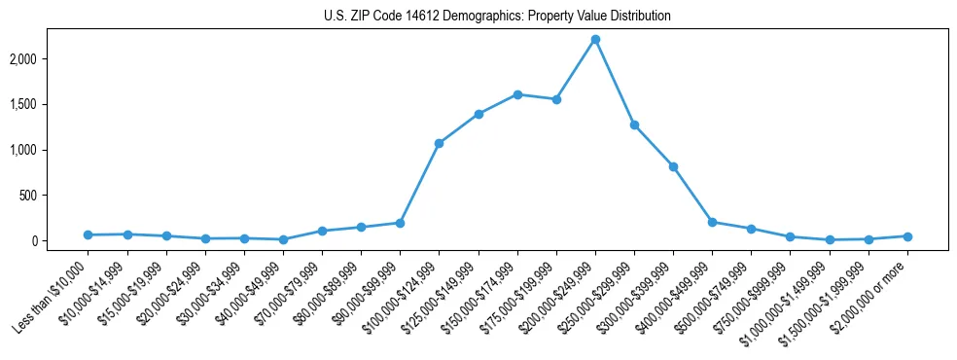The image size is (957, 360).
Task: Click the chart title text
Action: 497,17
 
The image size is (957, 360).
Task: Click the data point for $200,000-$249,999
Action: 595,39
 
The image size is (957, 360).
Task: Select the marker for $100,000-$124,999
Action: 439,143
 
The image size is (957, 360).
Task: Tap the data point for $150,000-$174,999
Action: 517,94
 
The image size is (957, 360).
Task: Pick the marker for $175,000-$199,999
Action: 556,99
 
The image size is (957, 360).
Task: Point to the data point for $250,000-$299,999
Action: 634,125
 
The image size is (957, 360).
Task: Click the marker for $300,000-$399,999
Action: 673,166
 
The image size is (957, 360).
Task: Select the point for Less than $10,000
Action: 88,234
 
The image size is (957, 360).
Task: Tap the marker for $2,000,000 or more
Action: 907,236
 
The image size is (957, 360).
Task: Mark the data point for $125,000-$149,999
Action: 478,114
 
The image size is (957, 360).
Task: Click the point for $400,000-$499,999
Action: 712,222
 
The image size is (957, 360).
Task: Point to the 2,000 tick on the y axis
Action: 51,58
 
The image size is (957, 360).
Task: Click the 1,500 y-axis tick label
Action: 51,104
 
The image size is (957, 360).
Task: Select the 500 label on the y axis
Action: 56,196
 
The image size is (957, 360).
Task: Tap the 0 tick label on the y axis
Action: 61,240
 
